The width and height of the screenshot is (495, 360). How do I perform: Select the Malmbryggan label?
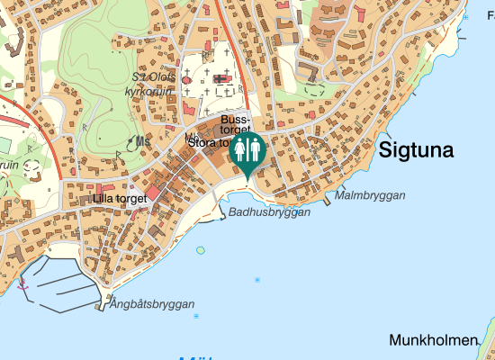pyautogui.click(x=370, y=195)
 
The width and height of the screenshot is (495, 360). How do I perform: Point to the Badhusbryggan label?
pyautogui.click(x=269, y=212)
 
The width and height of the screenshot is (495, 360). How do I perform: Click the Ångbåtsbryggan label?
pyautogui.click(x=152, y=304)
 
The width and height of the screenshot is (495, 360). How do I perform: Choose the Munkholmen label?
pyautogui.click(x=432, y=340)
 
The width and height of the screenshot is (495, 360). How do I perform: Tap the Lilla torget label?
pyautogui.click(x=119, y=199)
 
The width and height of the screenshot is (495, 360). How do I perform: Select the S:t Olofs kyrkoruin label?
pyautogui.click(x=151, y=84)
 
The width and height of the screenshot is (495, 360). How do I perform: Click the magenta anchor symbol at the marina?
pyautogui.click(x=23, y=285)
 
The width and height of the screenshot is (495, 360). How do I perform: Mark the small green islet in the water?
pyautogui.click(x=200, y=249)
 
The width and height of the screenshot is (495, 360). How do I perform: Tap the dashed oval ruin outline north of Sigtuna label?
pyautogui.click(x=314, y=89)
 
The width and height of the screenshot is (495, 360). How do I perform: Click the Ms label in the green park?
pyautogui.click(x=142, y=140)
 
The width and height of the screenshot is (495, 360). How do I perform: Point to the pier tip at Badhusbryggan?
pyautogui.click(x=220, y=217)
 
